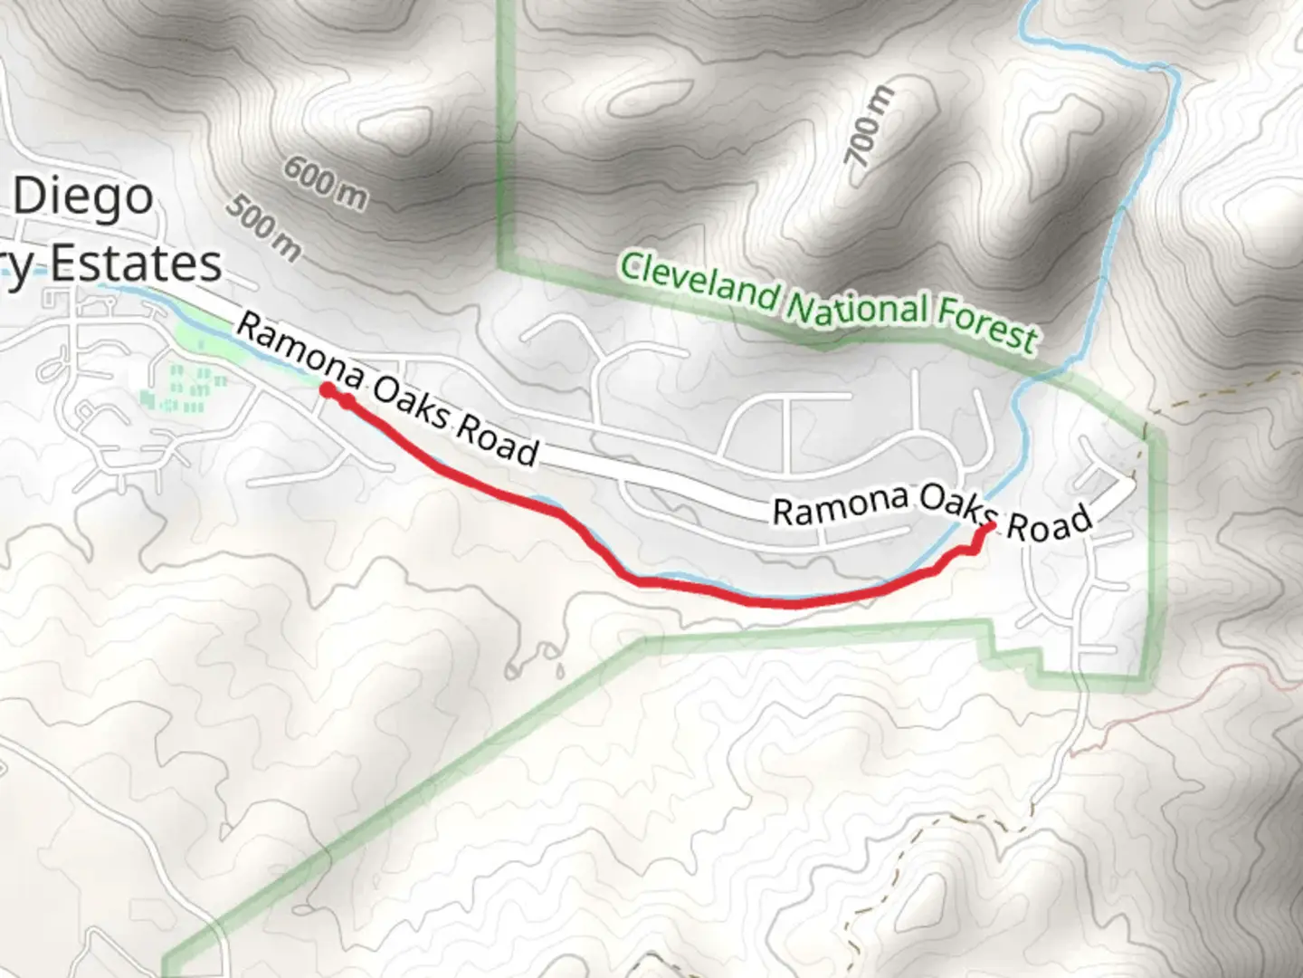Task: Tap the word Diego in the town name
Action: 83,197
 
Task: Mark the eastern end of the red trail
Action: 992,526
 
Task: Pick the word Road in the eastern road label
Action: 1050,523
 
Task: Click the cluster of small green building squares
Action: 185,387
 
